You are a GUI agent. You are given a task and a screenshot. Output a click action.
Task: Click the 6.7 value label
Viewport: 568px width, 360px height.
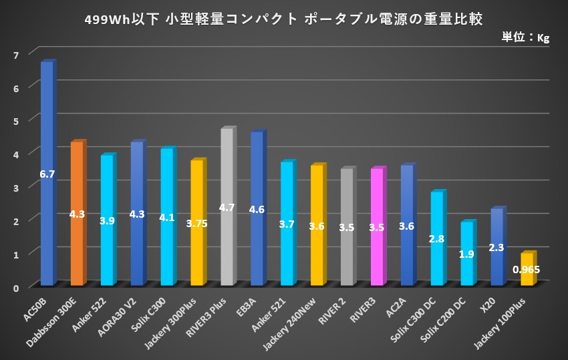(x=47, y=174)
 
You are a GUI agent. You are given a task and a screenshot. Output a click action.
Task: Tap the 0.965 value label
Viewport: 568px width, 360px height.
(x=527, y=270)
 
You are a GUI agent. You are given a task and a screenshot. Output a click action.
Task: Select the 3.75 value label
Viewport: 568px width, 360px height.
(x=196, y=224)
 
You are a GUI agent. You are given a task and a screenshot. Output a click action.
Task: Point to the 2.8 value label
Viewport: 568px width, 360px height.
(x=436, y=238)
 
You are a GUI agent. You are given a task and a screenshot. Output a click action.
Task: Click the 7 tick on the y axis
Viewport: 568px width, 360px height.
(x=16, y=53)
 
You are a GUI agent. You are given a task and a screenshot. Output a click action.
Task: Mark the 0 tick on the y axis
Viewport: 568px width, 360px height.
(x=16, y=287)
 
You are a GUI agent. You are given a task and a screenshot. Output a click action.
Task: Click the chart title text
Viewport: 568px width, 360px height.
(x=283, y=17)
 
